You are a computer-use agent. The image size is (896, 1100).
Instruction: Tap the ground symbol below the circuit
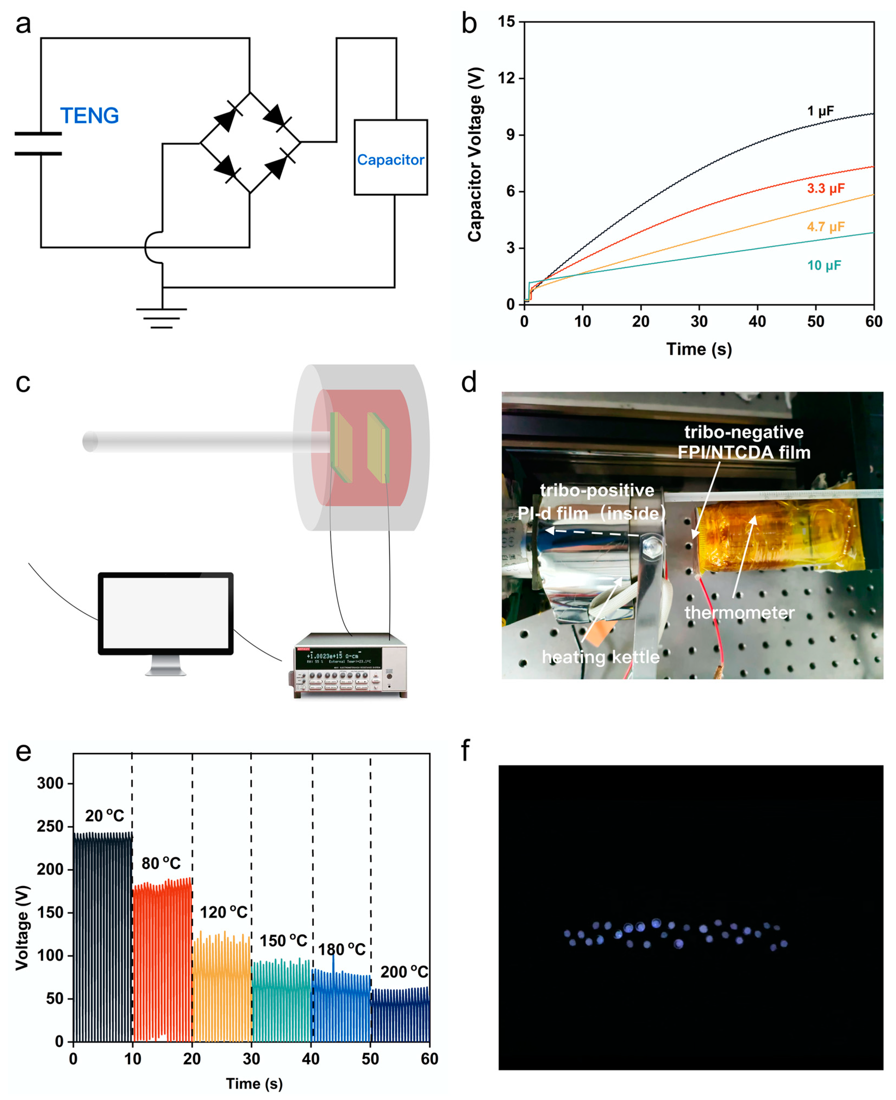click(162, 317)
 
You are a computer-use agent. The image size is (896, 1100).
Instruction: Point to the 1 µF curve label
click(820, 111)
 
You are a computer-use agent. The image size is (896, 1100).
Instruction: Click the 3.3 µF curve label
click(826, 188)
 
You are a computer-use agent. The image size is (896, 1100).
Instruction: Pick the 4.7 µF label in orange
click(826, 227)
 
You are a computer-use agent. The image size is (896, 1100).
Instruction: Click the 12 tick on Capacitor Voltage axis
click(506, 78)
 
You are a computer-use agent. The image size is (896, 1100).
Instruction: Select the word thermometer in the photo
click(739, 612)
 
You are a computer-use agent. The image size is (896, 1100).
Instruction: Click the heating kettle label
click(600, 657)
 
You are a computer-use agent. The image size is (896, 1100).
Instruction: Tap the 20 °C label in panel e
click(105, 816)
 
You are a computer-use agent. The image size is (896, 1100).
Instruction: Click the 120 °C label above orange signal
click(224, 913)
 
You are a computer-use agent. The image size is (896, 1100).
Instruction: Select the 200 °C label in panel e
click(404, 972)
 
